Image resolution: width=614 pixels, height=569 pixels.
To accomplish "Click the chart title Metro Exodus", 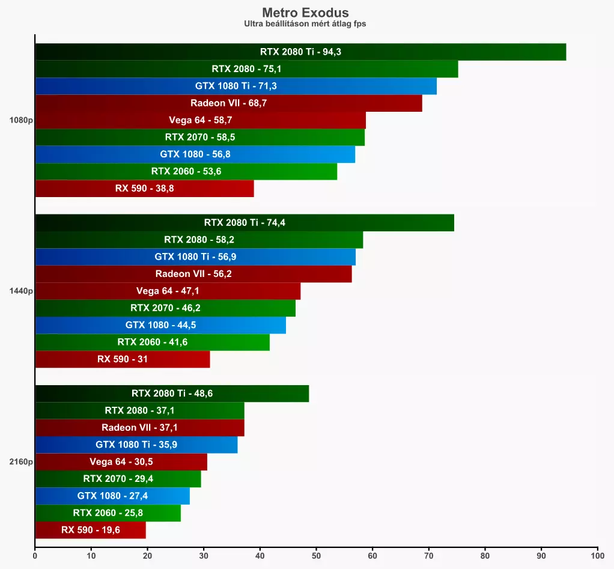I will coord(305,12).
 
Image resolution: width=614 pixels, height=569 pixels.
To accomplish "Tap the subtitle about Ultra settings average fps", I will coord(305,24).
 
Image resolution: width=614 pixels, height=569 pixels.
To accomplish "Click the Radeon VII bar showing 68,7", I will coord(228,103).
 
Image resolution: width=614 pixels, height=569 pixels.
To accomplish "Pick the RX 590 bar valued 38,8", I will coord(144,189).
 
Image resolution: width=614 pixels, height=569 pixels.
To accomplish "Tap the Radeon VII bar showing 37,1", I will coord(139,428).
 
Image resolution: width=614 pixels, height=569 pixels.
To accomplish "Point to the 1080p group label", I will coord(21,120).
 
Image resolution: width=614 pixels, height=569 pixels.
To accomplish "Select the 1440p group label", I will coord(21,291).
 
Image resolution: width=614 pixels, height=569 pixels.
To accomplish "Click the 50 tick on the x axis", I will coord(316,556).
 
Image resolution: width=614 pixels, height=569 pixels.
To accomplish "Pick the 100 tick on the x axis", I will coord(597,556).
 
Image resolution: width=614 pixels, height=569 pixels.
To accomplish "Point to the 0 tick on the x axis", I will coord(35,556).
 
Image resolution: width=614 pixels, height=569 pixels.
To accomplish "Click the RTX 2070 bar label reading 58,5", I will coord(200,138).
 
